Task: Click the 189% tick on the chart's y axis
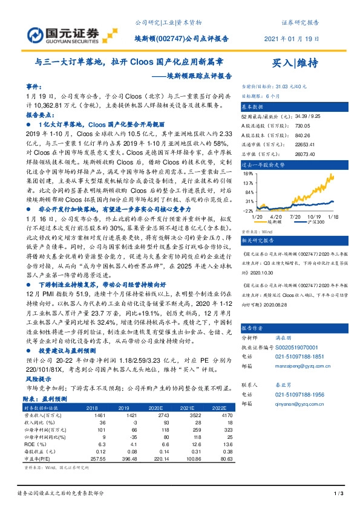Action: point(247,173)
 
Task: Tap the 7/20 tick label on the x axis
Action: point(295,215)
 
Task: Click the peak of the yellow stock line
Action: point(332,175)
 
